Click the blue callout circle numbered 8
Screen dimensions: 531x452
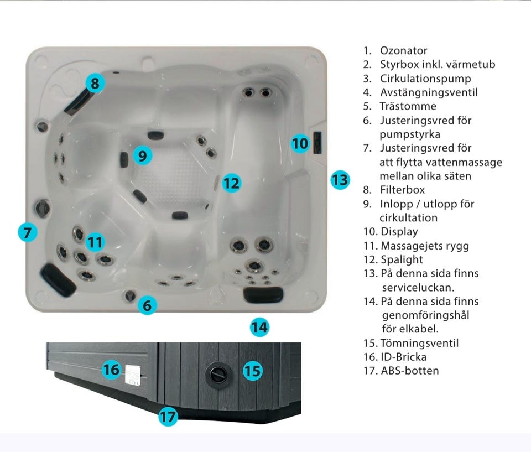95,83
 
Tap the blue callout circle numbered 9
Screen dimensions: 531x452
143,155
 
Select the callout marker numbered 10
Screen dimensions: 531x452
300,143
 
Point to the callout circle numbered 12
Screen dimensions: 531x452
232,183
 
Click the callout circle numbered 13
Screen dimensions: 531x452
340,180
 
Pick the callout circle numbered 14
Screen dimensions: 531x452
259,328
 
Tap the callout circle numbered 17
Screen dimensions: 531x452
168,417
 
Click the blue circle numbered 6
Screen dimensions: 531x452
147,305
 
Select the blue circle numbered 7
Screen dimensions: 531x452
28,232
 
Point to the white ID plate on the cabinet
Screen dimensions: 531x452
133,375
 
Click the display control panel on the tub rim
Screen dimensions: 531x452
317,143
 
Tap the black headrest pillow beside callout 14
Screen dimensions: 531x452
263,294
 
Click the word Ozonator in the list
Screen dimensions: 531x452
403,50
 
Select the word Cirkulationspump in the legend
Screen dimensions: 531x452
425,78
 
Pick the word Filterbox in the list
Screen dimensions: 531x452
402,189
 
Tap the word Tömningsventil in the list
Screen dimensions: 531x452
420,343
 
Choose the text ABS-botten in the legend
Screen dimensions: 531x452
410,370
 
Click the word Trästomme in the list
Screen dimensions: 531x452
408,106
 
